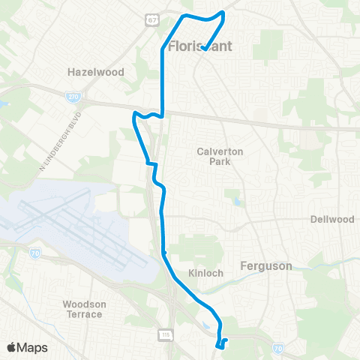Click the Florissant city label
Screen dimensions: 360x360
[200, 46]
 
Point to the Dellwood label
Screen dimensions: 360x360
[331, 220]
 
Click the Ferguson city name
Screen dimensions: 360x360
[265, 265]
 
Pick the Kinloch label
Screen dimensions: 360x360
[206, 273]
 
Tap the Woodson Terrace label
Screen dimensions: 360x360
[83, 309]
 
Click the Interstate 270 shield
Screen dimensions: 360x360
[73, 97]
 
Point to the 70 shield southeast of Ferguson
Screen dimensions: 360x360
[279, 348]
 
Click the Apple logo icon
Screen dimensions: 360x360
[11, 347]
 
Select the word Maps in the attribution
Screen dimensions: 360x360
[31, 347]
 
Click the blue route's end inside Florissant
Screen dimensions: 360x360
[204, 49]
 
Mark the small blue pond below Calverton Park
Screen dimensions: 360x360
[236, 201]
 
